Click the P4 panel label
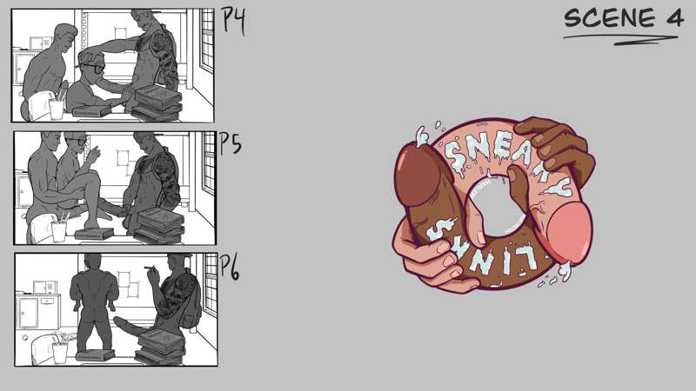[233, 20]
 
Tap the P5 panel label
[231, 143]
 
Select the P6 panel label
[230, 268]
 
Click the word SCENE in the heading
[610, 18]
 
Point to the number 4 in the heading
[674, 18]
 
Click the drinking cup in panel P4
[57, 109]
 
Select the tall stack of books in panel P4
[157, 103]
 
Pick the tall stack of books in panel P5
[160, 225]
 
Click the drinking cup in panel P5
[58, 231]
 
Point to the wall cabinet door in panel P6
[28, 312]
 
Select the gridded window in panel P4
[207, 40]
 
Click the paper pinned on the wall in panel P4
[121, 33]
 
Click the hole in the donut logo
[497, 207]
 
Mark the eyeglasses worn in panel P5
[77, 142]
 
